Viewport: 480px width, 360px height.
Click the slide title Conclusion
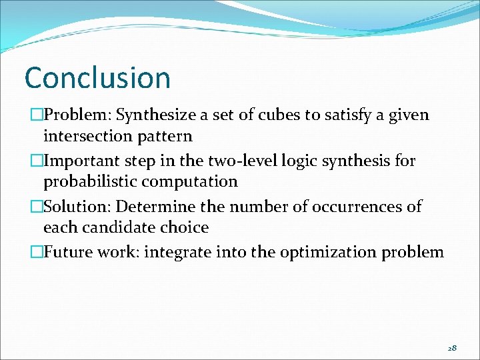coord(97,78)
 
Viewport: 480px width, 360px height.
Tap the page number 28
coord(451,348)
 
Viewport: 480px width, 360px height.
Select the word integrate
coord(174,252)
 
